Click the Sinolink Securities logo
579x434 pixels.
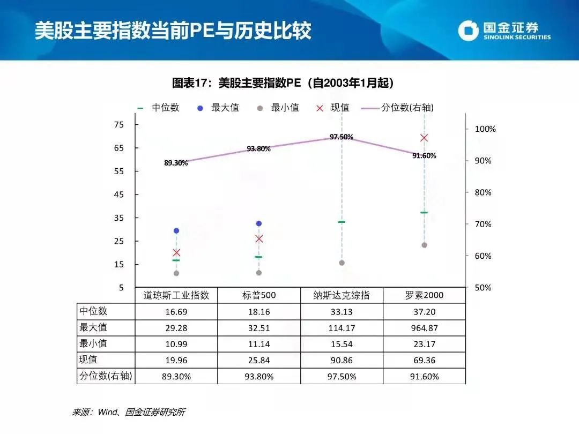[x=504, y=31]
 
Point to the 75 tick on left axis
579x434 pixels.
[x=119, y=125]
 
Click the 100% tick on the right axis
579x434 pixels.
[x=486, y=129]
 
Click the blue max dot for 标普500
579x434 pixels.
[x=259, y=223]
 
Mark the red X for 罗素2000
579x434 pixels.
[x=424, y=138]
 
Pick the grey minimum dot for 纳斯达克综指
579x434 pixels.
[x=342, y=263]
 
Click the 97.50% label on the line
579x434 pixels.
[x=342, y=137]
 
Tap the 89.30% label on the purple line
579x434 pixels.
[x=176, y=163]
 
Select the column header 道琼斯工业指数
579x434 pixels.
[x=176, y=295]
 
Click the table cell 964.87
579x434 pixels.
[x=424, y=328]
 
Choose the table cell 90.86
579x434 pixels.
[x=342, y=360]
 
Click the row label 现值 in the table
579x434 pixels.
[x=89, y=360]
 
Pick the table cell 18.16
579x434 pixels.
[x=259, y=311]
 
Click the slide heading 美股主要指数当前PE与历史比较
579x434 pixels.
[x=173, y=31]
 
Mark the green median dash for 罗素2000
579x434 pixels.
[x=424, y=213]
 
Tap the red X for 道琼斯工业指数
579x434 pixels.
[x=176, y=252]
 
